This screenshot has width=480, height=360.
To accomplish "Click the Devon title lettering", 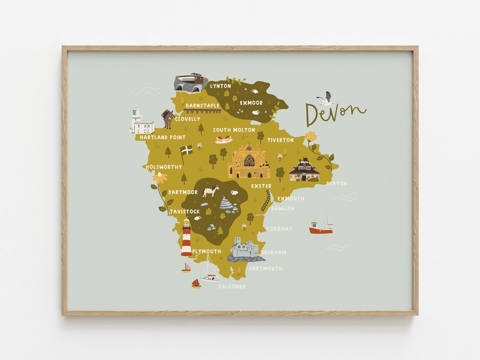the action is click(335, 114).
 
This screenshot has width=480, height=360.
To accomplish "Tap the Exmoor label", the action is click(252, 103).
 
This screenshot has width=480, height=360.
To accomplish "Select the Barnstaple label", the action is click(203, 105).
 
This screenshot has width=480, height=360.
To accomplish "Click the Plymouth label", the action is click(207, 251).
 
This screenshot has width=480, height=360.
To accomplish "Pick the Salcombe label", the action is click(232, 287).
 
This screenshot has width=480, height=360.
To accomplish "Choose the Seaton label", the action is click(336, 183).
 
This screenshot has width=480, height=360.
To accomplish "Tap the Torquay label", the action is click(279, 228).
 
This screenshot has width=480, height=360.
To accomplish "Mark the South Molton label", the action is click(234, 130).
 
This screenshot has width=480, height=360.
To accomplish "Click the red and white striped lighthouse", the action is click(186, 238).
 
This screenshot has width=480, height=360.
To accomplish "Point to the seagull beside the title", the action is click(326, 99).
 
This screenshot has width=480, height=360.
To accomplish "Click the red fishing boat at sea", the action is click(321, 228).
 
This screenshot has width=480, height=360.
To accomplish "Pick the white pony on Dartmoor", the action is click(211, 192).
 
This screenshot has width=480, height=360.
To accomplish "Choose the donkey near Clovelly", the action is click(168, 119).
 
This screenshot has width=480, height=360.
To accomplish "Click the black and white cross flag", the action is click(187, 150).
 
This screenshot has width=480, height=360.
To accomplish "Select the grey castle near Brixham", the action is click(244, 250).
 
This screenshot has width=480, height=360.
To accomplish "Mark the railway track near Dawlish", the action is click(266, 201).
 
